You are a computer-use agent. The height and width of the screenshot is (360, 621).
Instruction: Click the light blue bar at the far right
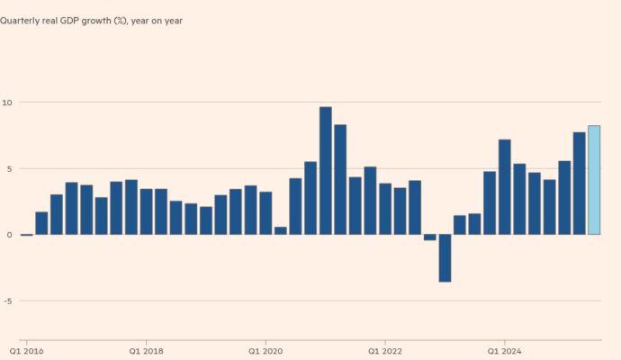pyautogui.click(x=594, y=180)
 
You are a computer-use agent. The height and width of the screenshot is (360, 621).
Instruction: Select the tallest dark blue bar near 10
pyautogui.click(x=326, y=171)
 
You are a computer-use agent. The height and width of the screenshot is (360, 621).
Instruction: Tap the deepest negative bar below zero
pyautogui.click(x=445, y=258)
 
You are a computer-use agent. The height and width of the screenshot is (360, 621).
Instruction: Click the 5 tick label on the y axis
pyautogui.click(x=7, y=169)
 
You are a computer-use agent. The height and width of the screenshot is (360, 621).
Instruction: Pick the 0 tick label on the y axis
pyautogui.click(x=7, y=235)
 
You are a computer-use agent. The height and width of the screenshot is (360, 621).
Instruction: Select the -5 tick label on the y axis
pyautogui.click(x=5, y=301)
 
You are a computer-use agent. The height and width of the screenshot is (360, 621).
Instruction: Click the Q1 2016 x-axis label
pyautogui.click(x=26, y=350)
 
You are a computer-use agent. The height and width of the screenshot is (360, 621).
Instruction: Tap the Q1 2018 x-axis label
pyautogui.click(x=146, y=350)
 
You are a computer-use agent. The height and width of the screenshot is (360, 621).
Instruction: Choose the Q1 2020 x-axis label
pyautogui.click(x=265, y=350)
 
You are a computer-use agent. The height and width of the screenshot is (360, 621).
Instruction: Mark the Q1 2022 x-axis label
pyautogui.click(x=385, y=350)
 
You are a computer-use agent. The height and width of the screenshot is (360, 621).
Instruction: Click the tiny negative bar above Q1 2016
pyautogui.click(x=26, y=235)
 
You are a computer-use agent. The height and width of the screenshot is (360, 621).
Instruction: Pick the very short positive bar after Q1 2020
pyautogui.click(x=281, y=230)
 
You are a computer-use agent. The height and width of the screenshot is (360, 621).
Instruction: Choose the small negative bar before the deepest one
pyautogui.click(x=430, y=238)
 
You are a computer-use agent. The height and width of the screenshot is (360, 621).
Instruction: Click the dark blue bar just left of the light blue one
pyautogui.click(x=580, y=184)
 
